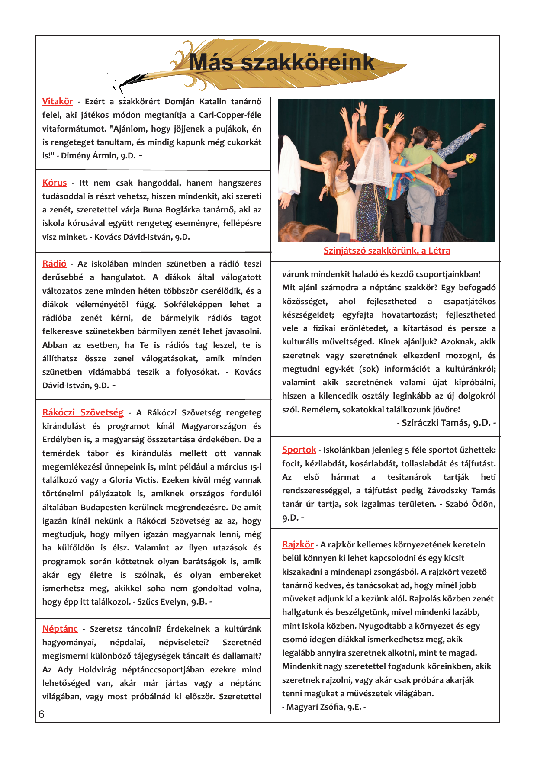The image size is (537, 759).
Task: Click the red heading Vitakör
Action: (58, 101)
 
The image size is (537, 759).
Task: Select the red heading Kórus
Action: (55, 183)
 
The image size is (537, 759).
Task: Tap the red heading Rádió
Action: (54, 264)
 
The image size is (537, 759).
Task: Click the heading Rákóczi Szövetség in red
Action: (83, 412)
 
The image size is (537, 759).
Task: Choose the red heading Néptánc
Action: (60, 629)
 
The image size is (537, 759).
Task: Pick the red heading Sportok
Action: (299, 450)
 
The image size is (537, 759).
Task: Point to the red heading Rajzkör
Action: (298, 544)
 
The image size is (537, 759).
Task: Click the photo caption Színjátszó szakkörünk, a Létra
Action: (387, 251)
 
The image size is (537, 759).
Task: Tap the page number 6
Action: (42, 714)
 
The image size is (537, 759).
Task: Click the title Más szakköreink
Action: (282, 62)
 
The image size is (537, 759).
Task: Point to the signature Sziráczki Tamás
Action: (436, 423)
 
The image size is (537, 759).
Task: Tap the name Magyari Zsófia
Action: (314, 707)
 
